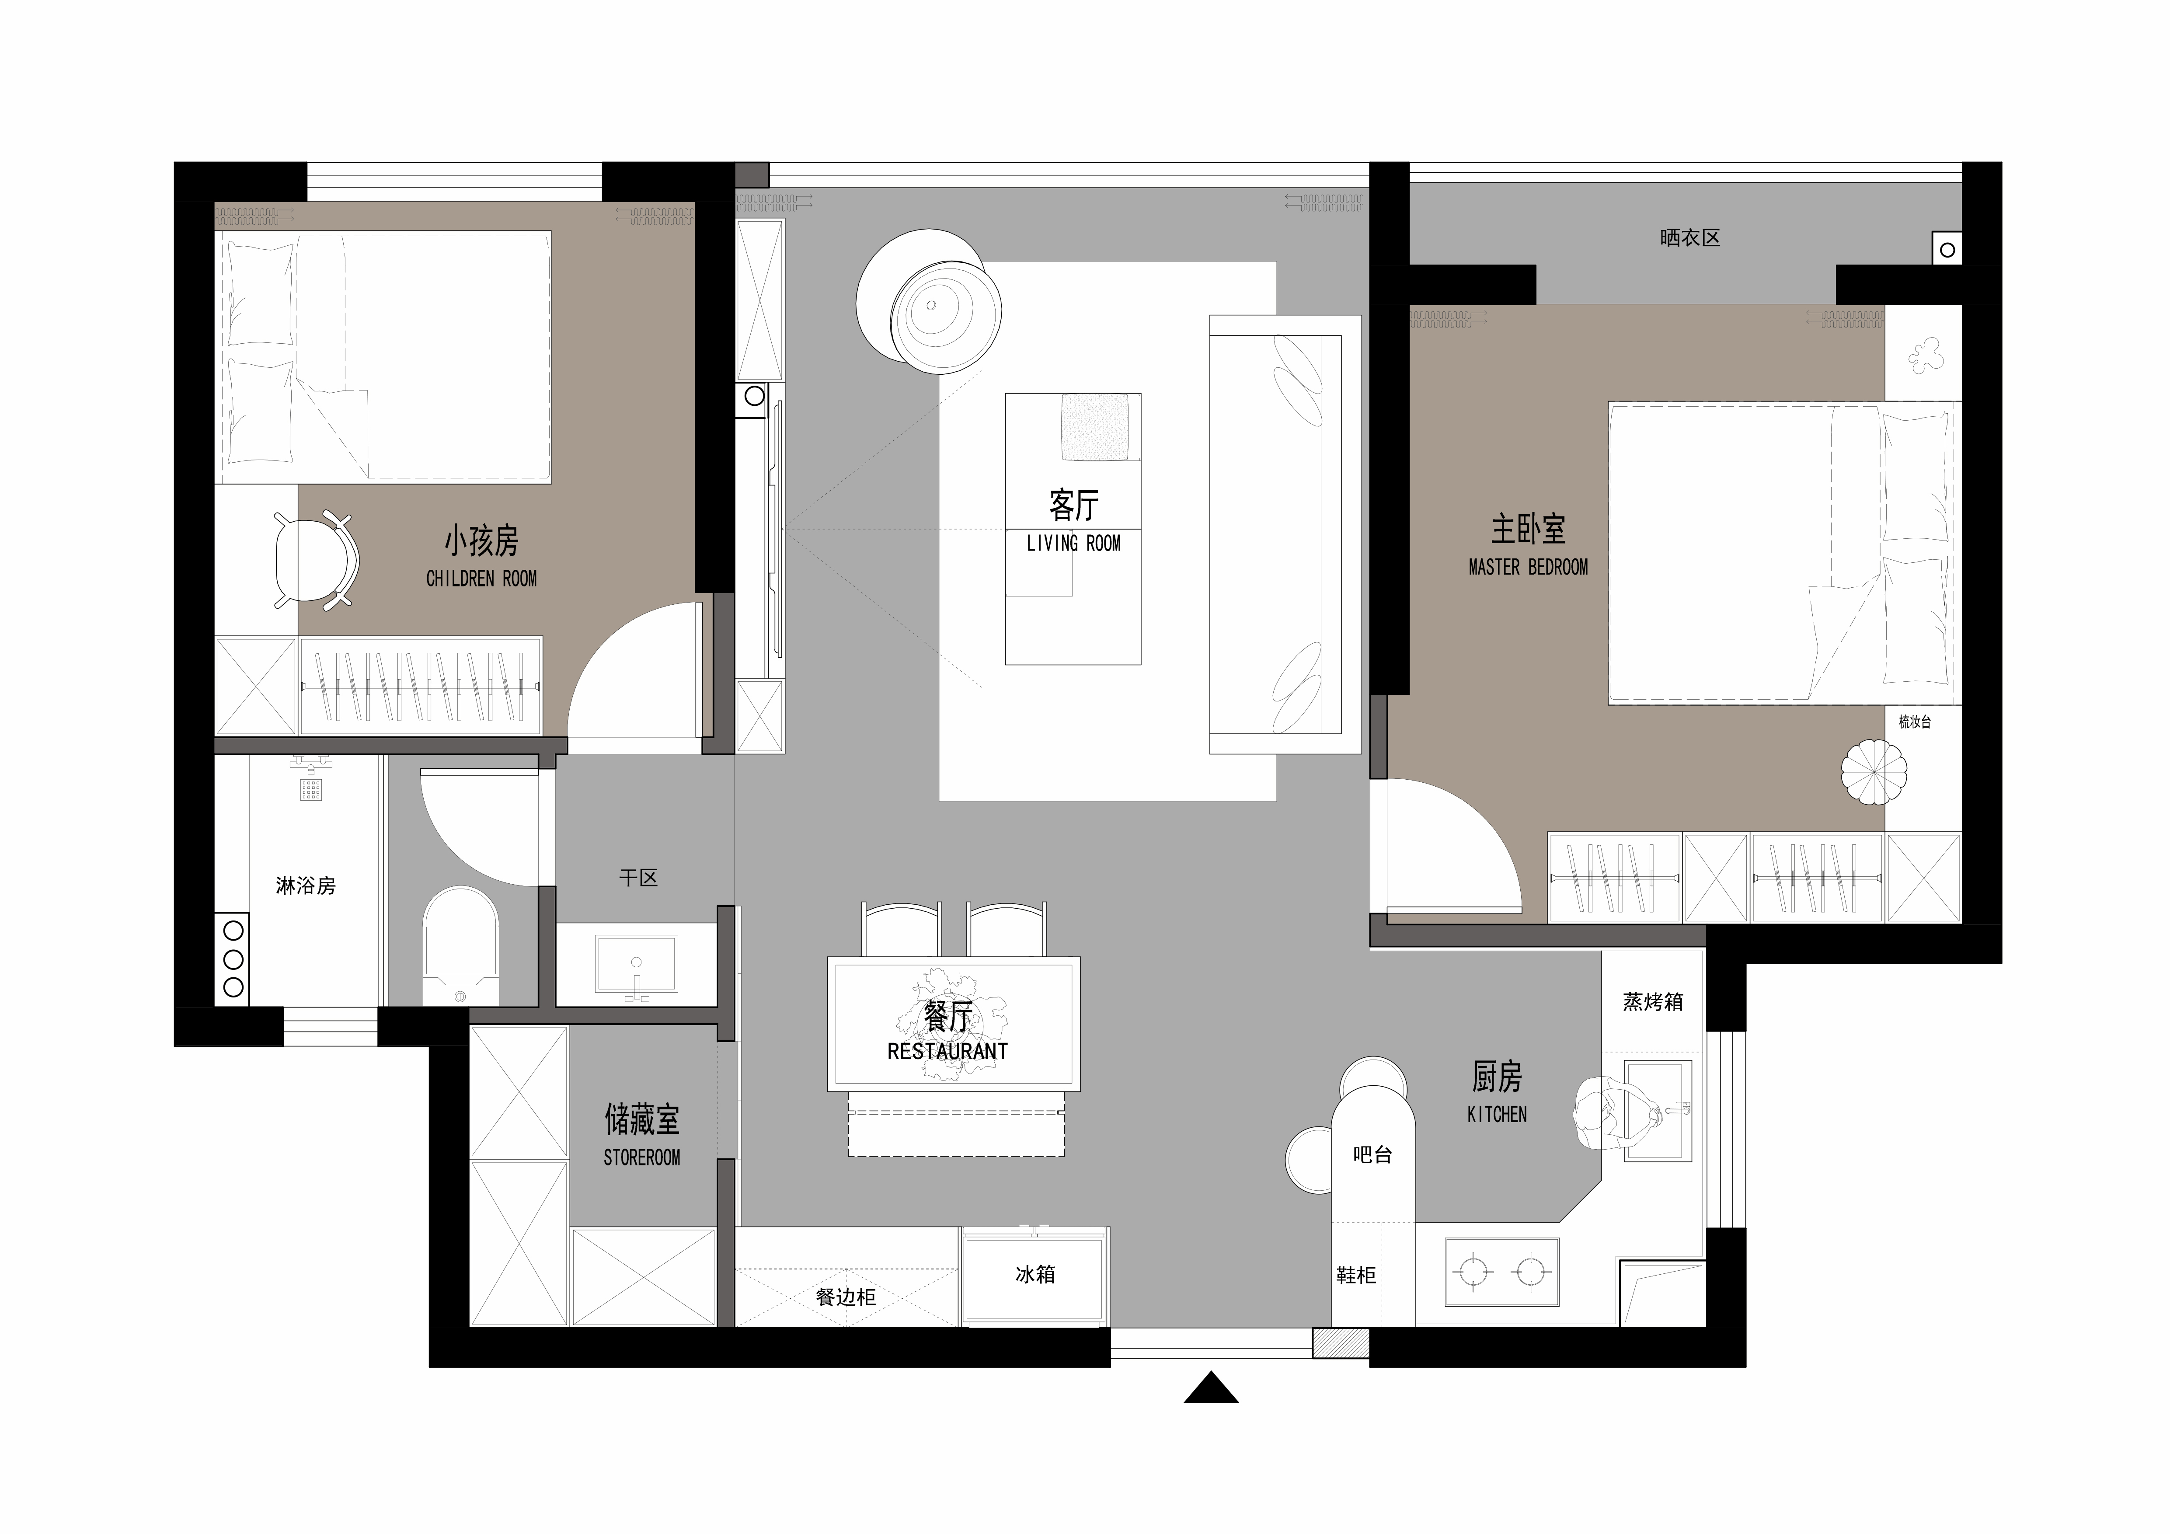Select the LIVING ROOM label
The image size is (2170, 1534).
tap(1074, 544)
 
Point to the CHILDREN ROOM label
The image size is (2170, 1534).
tap(481, 579)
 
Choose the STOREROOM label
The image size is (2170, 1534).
tap(642, 1157)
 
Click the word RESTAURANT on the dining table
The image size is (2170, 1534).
tap(947, 1051)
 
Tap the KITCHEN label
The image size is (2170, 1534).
tap(1497, 1114)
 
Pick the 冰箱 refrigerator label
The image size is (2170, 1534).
tap(1035, 1274)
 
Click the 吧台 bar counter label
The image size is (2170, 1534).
tap(1372, 1154)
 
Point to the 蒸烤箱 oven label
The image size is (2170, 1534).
tap(1653, 1001)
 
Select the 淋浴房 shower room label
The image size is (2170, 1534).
tap(305, 886)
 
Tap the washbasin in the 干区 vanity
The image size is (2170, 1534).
tap(636, 964)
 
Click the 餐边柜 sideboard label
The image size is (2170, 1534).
tap(846, 1297)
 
